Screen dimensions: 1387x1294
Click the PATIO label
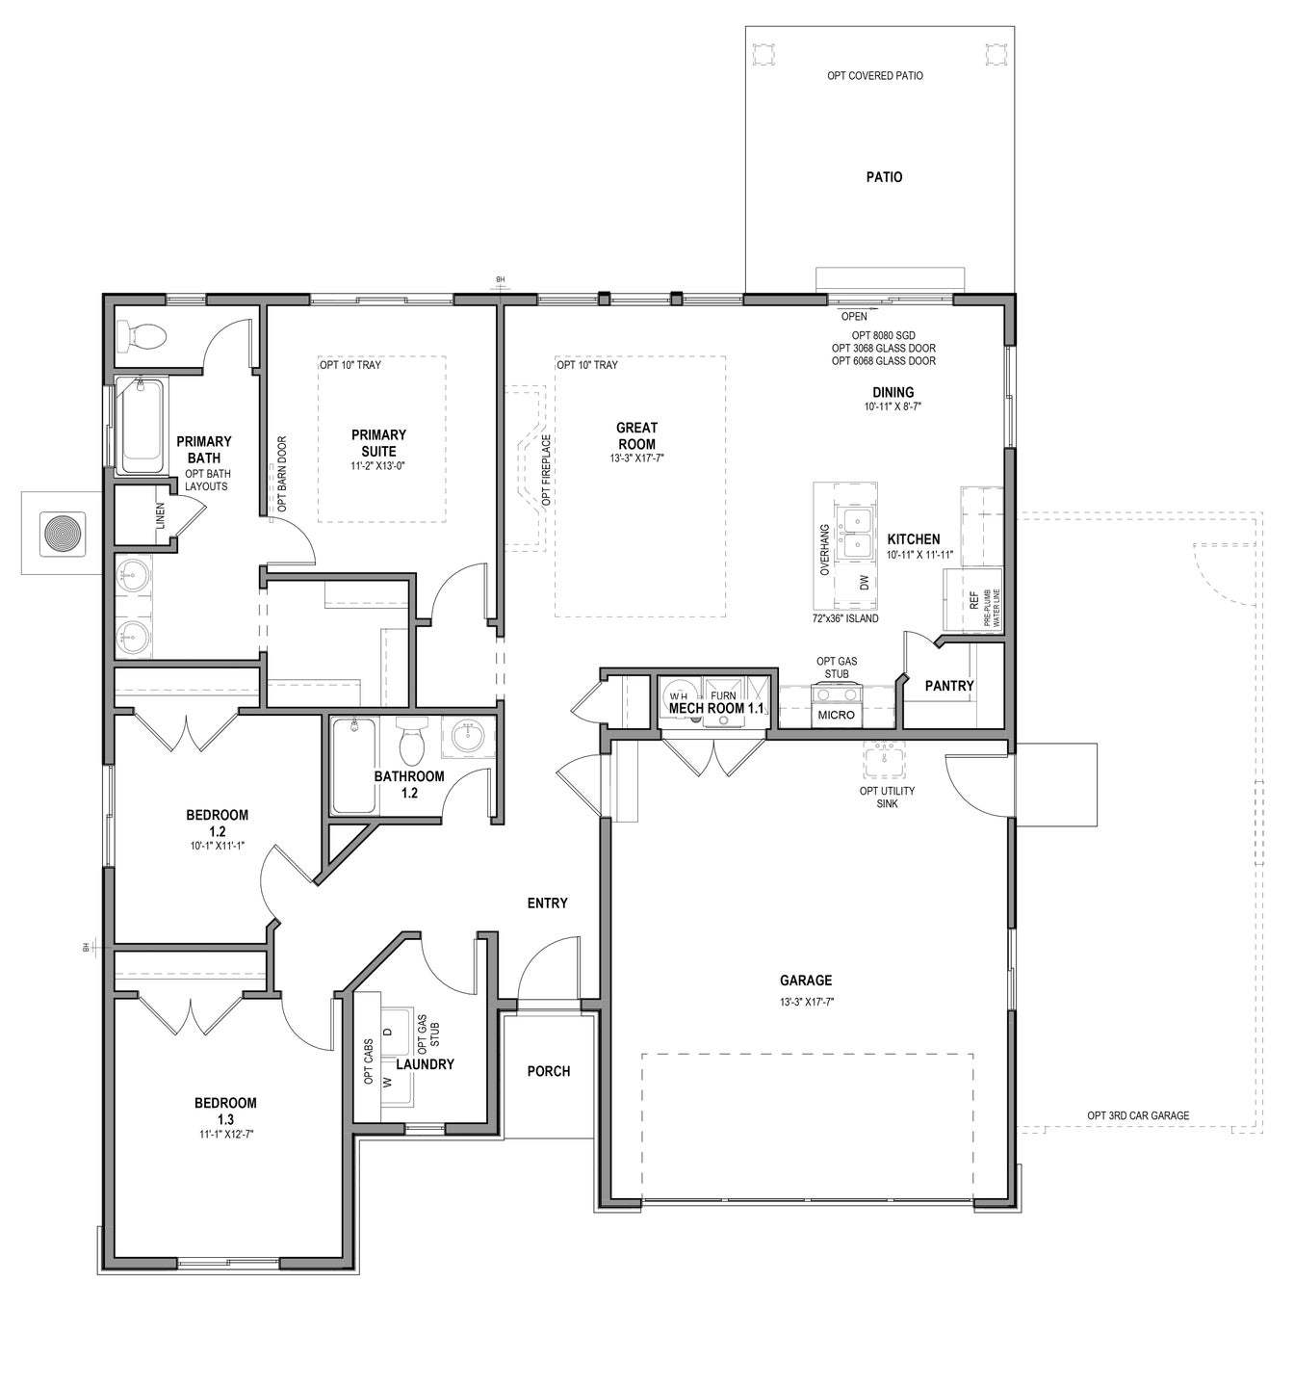click(884, 177)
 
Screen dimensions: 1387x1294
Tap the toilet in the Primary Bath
click(141, 336)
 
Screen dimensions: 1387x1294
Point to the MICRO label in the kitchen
click(836, 715)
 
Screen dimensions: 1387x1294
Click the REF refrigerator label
click(974, 601)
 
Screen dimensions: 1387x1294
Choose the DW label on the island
click(864, 582)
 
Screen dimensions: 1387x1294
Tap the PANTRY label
click(949, 686)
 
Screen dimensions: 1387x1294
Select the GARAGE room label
click(806, 981)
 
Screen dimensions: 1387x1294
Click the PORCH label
click(549, 1071)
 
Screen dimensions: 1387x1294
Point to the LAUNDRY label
click(425, 1064)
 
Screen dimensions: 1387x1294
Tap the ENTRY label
click(548, 903)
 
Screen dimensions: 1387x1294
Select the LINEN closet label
click(161, 516)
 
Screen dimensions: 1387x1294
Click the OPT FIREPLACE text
click(546, 470)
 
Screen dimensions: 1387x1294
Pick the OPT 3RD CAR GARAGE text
click(1138, 1116)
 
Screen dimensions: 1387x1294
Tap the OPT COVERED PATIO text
click(875, 75)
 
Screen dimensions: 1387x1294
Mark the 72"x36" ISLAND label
click(844, 618)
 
